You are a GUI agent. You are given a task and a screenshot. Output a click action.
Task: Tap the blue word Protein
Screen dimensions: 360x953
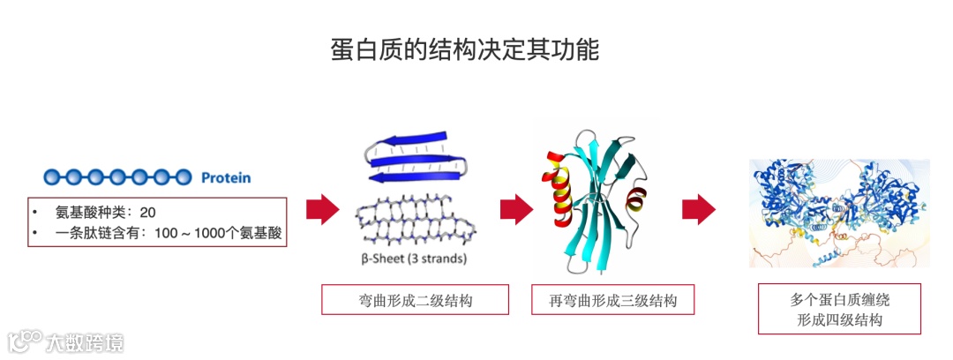(x=226, y=178)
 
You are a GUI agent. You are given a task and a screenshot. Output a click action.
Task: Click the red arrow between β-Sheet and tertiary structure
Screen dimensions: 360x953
(x=516, y=209)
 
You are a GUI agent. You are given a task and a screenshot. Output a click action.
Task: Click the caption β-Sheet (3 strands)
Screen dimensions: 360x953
(x=414, y=259)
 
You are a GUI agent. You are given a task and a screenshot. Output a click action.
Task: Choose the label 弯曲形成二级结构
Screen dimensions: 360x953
(x=415, y=300)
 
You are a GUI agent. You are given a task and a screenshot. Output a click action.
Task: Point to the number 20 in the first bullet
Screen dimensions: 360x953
(x=148, y=213)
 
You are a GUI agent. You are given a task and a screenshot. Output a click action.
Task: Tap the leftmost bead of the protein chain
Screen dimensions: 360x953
(x=52, y=177)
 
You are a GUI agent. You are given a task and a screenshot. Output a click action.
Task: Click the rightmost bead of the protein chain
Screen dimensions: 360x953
(x=182, y=177)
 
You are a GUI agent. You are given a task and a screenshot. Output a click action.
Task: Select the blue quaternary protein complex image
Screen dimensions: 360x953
(x=838, y=212)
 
